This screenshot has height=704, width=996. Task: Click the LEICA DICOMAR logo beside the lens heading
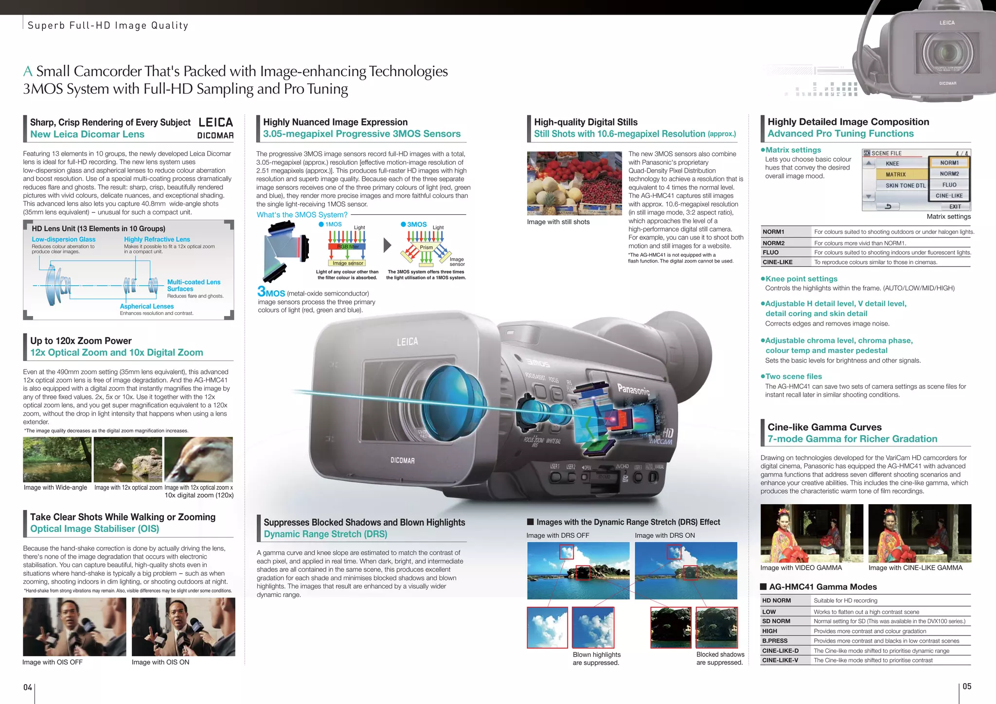(215, 128)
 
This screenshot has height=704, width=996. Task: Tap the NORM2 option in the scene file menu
(949, 174)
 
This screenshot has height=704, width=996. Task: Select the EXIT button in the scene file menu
(955, 207)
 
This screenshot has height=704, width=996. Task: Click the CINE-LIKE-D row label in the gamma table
(780, 651)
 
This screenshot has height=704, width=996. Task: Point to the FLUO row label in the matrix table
(770, 252)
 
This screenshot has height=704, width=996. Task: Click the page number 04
(28, 687)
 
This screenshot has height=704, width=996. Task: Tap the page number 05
(967, 686)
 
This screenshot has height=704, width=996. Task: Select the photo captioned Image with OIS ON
(183, 627)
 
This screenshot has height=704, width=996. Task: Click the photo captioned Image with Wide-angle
(57, 459)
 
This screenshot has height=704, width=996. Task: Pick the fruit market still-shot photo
(574, 183)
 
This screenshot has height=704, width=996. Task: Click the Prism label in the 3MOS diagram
(426, 247)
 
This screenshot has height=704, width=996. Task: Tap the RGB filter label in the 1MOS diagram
(348, 246)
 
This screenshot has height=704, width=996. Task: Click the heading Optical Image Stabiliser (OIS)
(95, 529)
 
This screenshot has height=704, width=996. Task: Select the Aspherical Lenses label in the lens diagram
(147, 306)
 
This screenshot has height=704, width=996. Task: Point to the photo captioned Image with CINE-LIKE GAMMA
(920, 533)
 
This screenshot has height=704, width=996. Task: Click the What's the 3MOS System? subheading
(302, 215)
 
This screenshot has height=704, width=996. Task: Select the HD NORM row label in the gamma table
(776, 600)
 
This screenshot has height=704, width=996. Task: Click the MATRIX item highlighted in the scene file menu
(895, 175)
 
